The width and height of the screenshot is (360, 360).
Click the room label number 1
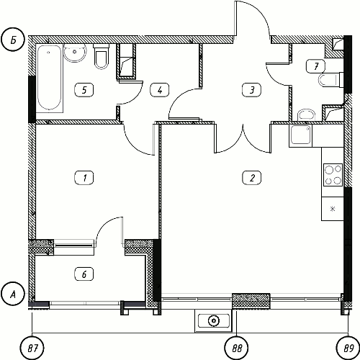(84, 178)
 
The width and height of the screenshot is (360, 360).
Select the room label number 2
(252, 178)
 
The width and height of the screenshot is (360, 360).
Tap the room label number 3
(252, 90)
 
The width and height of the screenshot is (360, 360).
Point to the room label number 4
(160, 90)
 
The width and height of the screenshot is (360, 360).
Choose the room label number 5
(84, 90)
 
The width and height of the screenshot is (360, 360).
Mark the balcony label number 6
(84, 274)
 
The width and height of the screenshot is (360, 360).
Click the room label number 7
(316, 66)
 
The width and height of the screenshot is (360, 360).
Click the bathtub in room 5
(50, 78)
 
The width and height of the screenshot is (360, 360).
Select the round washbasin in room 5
(75, 53)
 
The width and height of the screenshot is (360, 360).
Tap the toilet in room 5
(102, 56)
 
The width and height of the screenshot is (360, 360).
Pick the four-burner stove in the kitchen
(333, 175)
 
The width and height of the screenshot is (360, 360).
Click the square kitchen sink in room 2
(301, 135)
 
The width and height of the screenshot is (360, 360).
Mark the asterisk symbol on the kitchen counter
(333, 209)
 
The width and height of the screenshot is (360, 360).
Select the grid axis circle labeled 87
(32, 348)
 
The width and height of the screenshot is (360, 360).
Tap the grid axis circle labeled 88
(236, 348)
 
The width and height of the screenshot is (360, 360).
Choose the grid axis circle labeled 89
(348, 348)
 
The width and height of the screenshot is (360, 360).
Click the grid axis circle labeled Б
(13, 40)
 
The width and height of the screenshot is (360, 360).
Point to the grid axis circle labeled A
(13, 294)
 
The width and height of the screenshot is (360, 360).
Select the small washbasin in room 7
(306, 115)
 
